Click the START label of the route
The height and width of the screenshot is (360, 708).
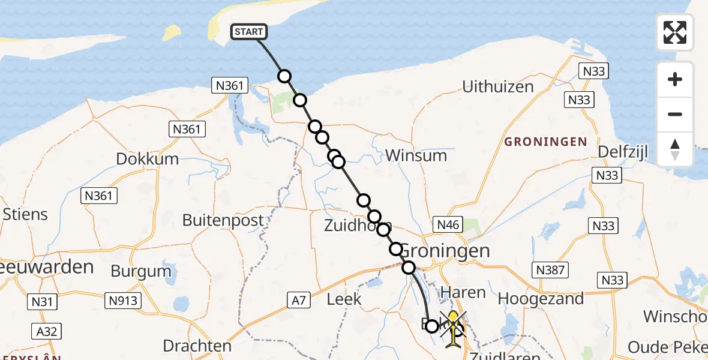coord(248,32)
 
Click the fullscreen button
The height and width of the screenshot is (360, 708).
coord(675,32)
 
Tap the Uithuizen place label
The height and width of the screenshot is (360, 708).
coord(498,87)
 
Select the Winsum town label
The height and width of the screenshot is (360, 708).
coord(416,156)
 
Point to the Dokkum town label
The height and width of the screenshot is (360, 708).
coord(148,159)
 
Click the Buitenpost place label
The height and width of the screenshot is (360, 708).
coord(223,221)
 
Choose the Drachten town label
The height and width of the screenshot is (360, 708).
coord(197,346)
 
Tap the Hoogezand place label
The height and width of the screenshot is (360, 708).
coord(541,299)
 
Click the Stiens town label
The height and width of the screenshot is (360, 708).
coord(25,214)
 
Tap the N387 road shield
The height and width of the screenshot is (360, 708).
coord(550,270)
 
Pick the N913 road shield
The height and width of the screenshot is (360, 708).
coord(124,301)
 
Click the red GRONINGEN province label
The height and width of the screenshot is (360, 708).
coord(545,142)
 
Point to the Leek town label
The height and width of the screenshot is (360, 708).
coord(344,299)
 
